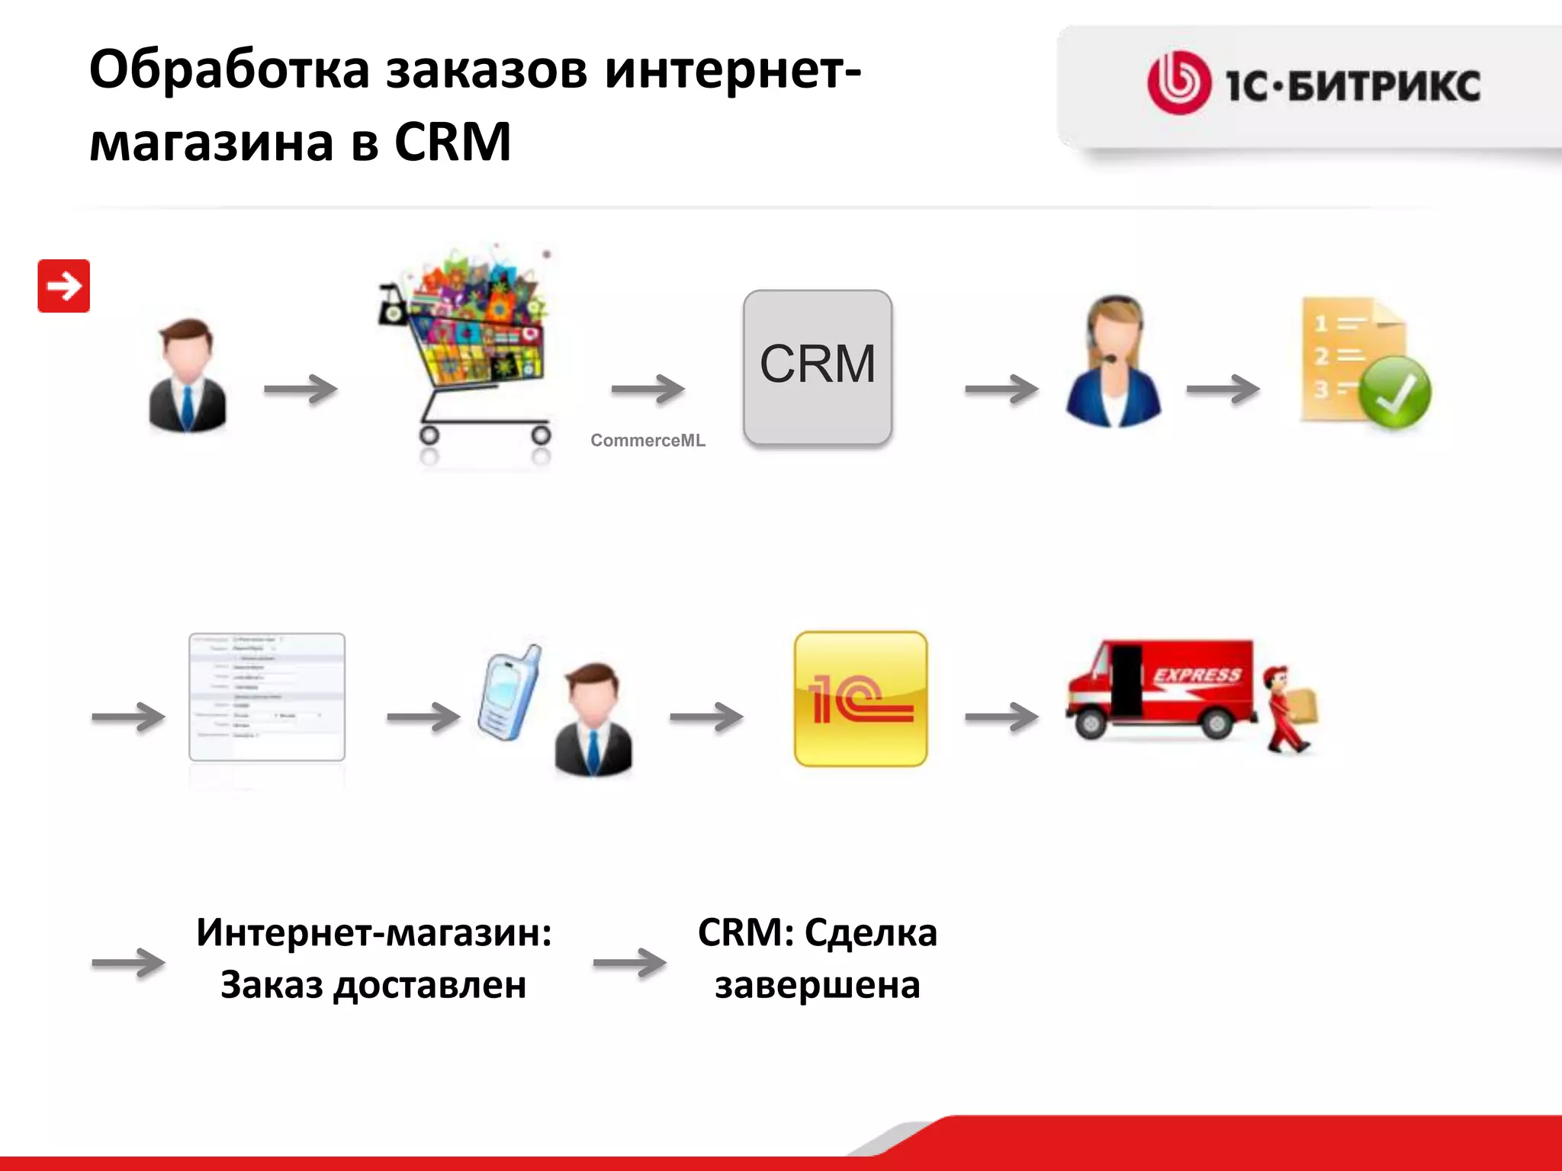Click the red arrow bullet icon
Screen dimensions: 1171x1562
[x=64, y=286]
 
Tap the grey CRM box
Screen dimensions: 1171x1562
[x=818, y=367]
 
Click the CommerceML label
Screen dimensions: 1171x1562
[x=648, y=441]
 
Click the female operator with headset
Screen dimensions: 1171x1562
[x=1114, y=362]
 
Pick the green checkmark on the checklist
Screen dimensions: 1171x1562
[x=1395, y=392]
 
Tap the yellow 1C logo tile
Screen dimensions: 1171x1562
[x=861, y=699]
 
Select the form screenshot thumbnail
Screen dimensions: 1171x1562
[x=267, y=697]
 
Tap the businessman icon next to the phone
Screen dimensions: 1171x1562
[x=594, y=720]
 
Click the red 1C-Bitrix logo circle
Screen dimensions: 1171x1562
[x=1179, y=83]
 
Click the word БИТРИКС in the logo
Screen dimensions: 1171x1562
[x=1384, y=85]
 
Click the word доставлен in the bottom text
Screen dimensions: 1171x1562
[x=430, y=985]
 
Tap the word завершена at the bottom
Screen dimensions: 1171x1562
[x=818, y=985]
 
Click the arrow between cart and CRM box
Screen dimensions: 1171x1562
[x=648, y=390]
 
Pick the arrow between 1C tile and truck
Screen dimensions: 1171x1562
[x=1001, y=717]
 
